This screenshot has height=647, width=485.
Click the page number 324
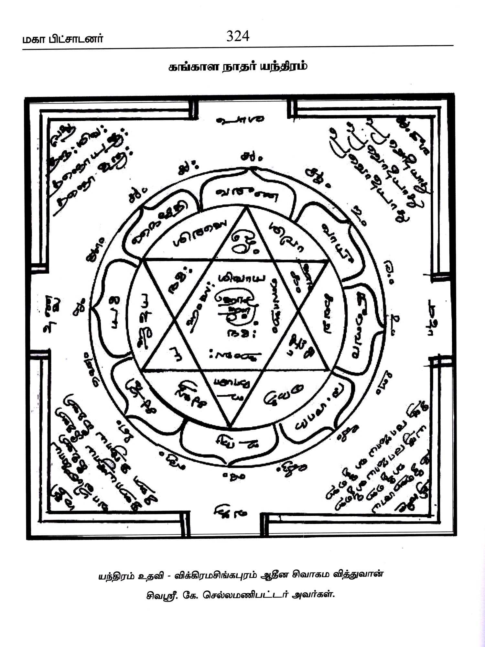[x=238, y=36]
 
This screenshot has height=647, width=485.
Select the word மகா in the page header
[x=32, y=39]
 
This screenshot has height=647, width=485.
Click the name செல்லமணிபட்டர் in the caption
[x=253, y=594]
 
